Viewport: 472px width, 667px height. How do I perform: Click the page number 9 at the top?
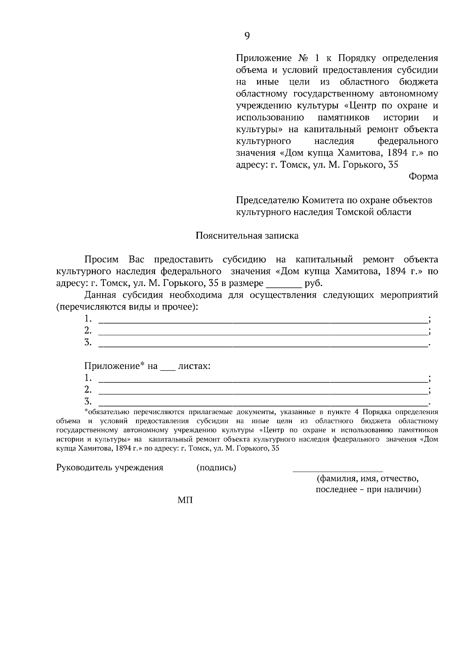(247, 36)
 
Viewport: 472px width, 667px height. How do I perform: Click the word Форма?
(423, 177)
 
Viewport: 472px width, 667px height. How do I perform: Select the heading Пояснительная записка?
(247, 236)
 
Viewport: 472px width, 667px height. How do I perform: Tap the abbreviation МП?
(185, 500)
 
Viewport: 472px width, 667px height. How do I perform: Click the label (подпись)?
(216, 467)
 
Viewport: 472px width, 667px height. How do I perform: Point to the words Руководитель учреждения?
(110, 467)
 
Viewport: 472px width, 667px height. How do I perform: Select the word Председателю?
(267, 200)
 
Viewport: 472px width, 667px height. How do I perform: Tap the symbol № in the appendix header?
(302, 59)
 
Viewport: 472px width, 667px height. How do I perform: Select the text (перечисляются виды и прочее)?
(127, 307)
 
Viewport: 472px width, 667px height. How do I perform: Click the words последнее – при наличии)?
(368, 490)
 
